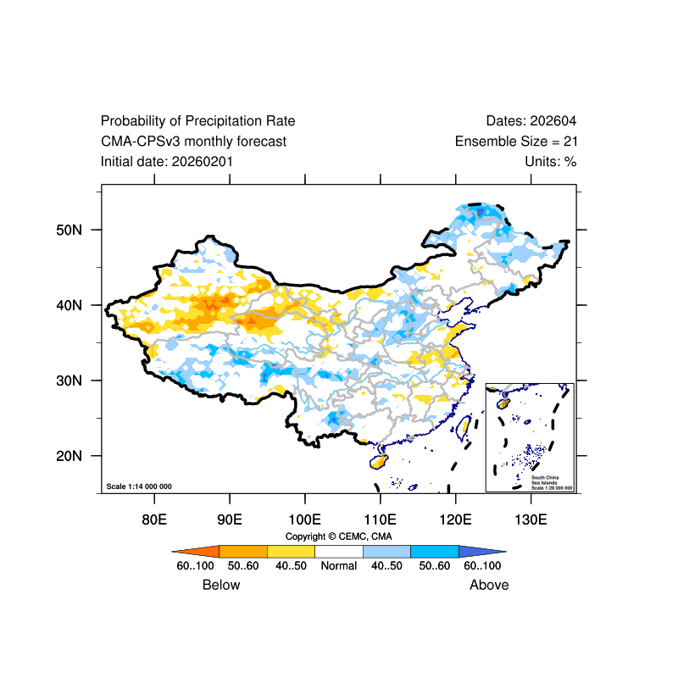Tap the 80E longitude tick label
point(154,519)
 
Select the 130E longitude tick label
point(531,519)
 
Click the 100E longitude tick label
point(304,519)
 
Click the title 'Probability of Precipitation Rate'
point(197,121)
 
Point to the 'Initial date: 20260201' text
point(167,161)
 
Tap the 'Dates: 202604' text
point(531,121)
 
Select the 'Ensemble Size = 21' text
point(516,142)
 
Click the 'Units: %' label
point(551,161)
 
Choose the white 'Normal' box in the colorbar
point(338,551)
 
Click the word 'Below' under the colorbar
point(221,585)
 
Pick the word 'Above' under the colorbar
point(490,585)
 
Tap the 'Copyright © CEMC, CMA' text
point(338,536)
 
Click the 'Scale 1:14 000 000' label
point(139,486)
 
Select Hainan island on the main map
point(379,462)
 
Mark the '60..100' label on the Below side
point(195,565)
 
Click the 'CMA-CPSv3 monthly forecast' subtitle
point(193,142)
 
